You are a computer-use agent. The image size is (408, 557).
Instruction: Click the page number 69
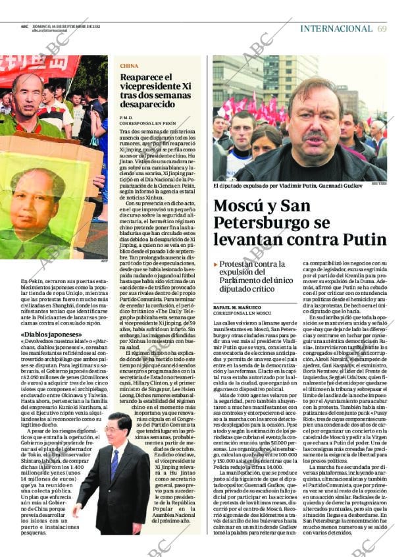click(382, 28)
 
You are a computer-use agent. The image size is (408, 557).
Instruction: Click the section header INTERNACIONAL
click(336, 28)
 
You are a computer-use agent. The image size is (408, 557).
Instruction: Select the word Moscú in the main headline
click(239, 205)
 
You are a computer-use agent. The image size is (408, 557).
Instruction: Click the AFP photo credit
click(104, 261)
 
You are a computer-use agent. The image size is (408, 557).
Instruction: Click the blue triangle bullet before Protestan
click(215, 263)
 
